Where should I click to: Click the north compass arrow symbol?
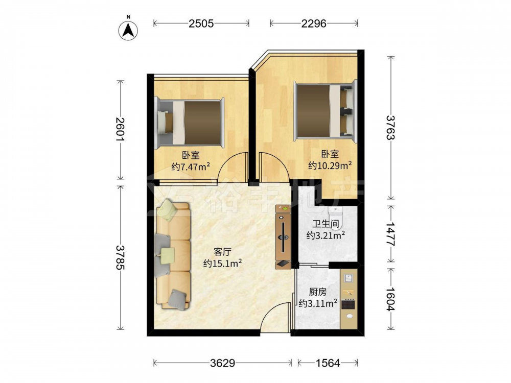(x=128, y=30)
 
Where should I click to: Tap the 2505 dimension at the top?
(x=201, y=23)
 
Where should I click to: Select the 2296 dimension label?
(x=314, y=23)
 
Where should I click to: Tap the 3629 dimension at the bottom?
(x=222, y=363)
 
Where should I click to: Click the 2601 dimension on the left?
(x=120, y=129)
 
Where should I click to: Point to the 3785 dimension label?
(x=120, y=257)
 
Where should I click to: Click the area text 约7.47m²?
(x=191, y=167)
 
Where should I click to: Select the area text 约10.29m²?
(x=330, y=165)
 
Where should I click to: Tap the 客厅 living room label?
(x=222, y=251)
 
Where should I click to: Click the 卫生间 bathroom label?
(x=326, y=224)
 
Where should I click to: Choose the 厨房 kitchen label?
(x=317, y=292)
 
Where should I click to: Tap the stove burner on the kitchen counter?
(x=348, y=304)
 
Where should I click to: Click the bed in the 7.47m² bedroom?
(x=190, y=123)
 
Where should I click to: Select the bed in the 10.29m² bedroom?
(x=325, y=110)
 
